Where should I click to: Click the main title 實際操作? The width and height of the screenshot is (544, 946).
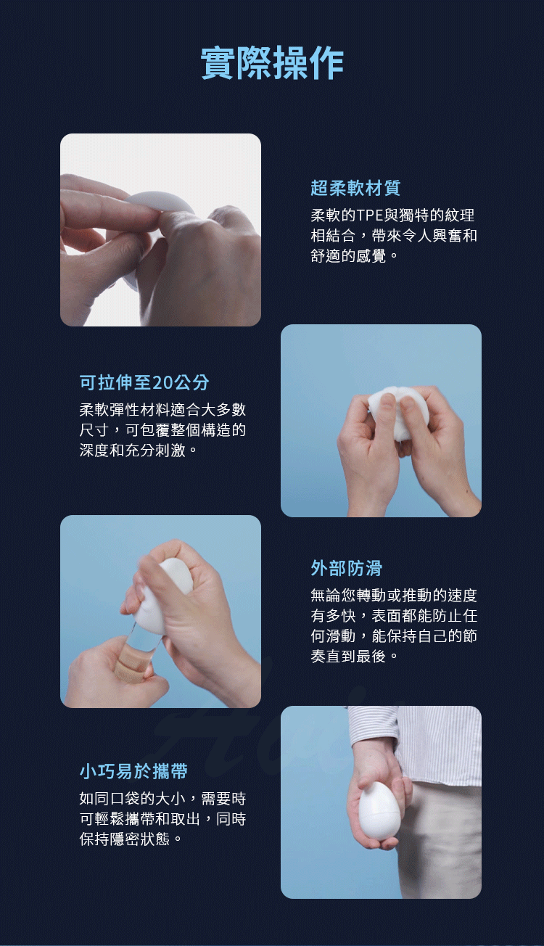point(272,63)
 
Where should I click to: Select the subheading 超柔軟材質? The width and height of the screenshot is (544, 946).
point(355,188)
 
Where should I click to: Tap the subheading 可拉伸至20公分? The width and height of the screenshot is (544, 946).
point(144,382)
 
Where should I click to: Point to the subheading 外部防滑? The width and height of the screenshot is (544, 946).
point(346,568)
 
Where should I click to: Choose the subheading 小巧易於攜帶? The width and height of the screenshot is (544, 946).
point(133,771)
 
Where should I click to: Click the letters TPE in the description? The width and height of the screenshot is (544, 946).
point(370,215)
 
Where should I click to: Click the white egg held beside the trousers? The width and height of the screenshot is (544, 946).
point(378,807)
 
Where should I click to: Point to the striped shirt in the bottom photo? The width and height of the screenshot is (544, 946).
point(426,744)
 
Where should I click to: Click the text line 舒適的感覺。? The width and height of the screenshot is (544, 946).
point(354,256)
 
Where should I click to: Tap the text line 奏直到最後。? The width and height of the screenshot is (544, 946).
point(354,657)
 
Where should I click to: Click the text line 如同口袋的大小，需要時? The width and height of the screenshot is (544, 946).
point(162,798)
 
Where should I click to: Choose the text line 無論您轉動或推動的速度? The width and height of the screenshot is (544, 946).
point(394,596)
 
